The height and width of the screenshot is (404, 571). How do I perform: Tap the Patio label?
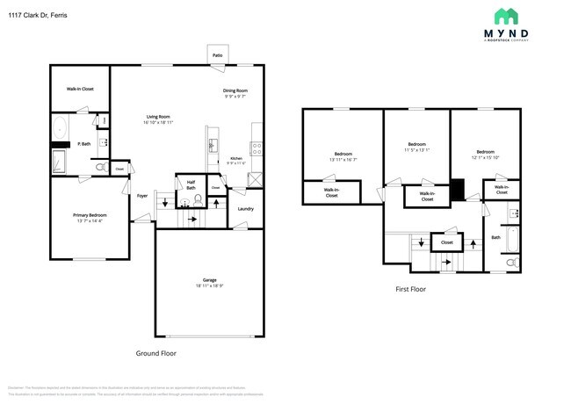click(216, 54)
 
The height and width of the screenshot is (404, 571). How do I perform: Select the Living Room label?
click(158, 116)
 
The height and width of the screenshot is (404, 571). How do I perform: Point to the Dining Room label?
click(235, 90)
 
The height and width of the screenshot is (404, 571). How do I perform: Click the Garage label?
click(209, 280)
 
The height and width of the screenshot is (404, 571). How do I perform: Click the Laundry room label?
click(245, 208)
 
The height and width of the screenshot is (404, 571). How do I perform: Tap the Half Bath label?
click(191, 184)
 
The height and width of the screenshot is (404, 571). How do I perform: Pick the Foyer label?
click(141, 197)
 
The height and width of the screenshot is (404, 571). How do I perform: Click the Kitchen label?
click(236, 158)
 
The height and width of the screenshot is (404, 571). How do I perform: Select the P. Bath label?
click(85, 143)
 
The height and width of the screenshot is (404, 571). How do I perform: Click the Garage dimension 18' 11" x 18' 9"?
click(209, 286)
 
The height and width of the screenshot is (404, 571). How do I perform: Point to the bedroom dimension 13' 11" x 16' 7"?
click(343, 160)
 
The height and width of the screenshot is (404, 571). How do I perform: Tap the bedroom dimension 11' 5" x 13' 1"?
click(417, 149)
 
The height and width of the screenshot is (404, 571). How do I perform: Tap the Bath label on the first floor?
click(495, 236)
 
